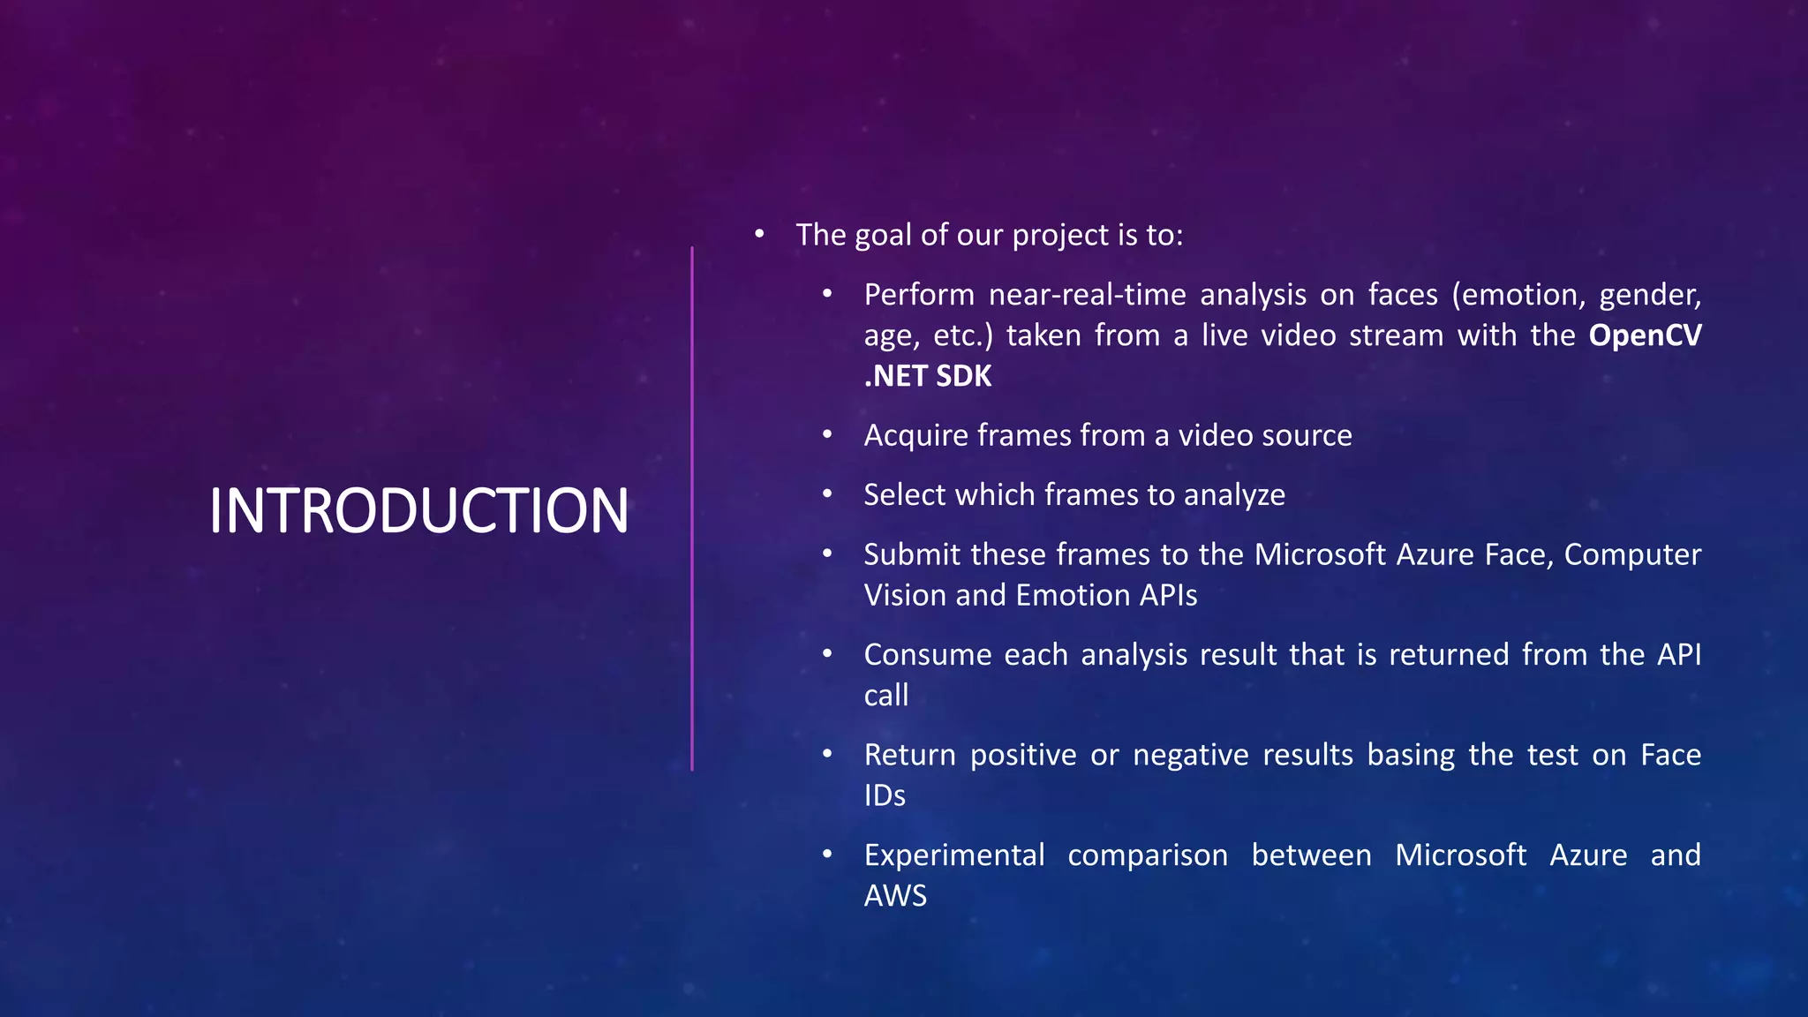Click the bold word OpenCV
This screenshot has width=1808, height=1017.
tap(1645, 335)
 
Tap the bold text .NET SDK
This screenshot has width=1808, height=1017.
tap(927, 376)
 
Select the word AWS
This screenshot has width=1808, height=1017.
tap(895, 896)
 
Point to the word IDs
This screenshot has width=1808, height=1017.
tap(885, 795)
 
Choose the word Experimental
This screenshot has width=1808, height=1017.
tap(953, 855)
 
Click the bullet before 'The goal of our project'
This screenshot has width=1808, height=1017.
tap(759, 234)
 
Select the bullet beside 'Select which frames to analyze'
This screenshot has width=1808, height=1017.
tap(827, 493)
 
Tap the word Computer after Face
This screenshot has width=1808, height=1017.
tap(1632, 554)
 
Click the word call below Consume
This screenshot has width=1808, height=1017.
tap(885, 695)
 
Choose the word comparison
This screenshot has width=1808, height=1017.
tap(1147, 855)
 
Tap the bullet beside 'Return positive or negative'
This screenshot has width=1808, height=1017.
tap(827, 754)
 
